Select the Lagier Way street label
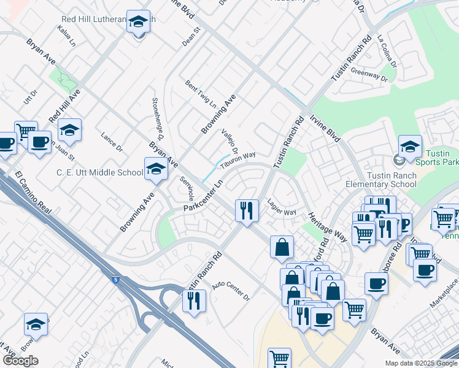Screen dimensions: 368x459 pyautogui.click(x=281, y=207)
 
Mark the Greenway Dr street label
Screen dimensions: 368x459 pyautogui.click(x=369, y=75)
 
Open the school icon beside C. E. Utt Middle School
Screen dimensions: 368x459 pyautogui.click(x=156, y=169)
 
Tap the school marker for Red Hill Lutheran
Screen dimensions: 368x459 pyautogui.click(x=139, y=22)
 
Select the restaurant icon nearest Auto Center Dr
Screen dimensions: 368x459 pyautogui.click(x=195, y=301)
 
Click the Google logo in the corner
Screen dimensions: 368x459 pyautogui.click(x=20, y=360)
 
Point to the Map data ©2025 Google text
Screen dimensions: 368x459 pyautogui.click(x=421, y=362)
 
